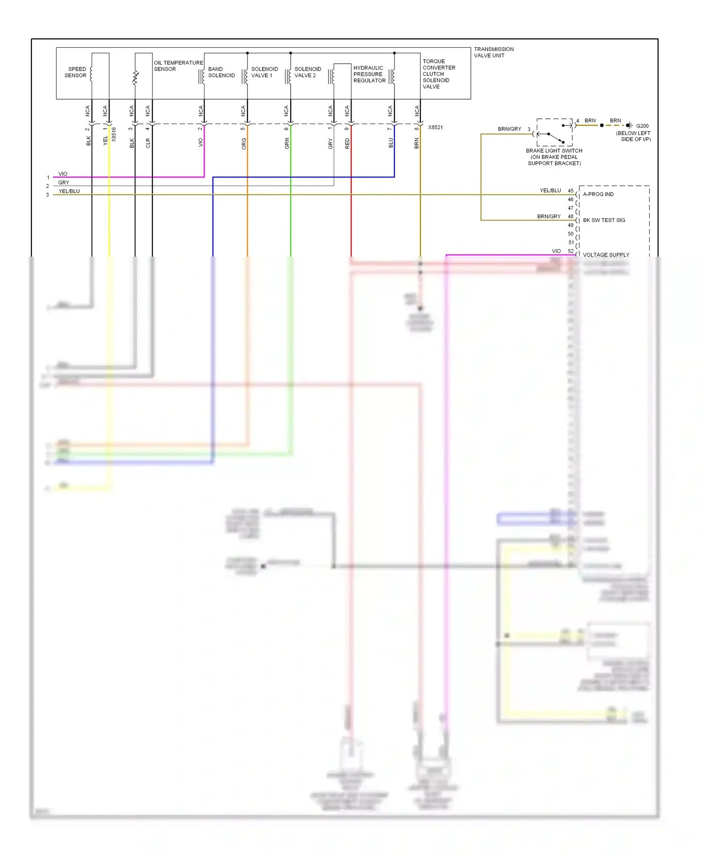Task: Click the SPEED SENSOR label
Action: pyautogui.click(x=75, y=72)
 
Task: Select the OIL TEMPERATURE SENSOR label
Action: pyautogui.click(x=178, y=66)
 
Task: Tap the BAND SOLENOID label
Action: pyautogui.click(x=221, y=72)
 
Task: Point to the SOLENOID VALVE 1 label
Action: pyautogui.click(x=264, y=72)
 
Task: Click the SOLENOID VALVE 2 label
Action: pyautogui.click(x=307, y=72)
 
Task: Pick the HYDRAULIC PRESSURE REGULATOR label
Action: pyautogui.click(x=369, y=74)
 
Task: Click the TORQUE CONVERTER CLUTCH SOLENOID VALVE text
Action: pyautogui.click(x=439, y=74)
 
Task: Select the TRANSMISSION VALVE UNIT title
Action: pyautogui.click(x=493, y=52)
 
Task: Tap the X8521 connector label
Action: pyautogui.click(x=435, y=127)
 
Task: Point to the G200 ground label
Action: pyautogui.click(x=642, y=126)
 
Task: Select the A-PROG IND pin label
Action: pyautogui.click(x=598, y=194)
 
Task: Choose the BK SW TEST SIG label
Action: pyautogui.click(x=604, y=220)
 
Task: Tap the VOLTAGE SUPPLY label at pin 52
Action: pyautogui.click(x=606, y=255)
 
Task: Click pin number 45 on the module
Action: pyautogui.click(x=570, y=191)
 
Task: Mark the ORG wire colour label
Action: pyautogui.click(x=244, y=144)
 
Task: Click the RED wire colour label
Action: pyautogui.click(x=347, y=143)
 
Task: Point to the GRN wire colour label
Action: pyautogui.click(x=287, y=144)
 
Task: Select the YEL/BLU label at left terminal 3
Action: pyautogui.click(x=69, y=191)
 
